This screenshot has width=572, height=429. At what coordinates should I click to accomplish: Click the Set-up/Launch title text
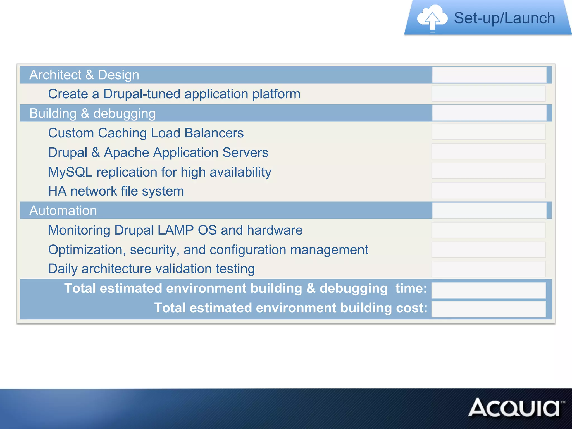coord(504,18)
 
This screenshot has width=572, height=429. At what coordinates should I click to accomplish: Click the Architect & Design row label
coord(84,75)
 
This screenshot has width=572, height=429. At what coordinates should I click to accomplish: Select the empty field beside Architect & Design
coord(489,75)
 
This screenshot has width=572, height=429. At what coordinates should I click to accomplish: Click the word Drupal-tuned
coord(142,94)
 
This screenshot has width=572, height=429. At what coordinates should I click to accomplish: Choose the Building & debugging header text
coord(92,113)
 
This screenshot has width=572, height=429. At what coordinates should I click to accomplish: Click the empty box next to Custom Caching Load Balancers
coord(488,132)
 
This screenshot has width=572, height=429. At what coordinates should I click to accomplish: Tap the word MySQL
coord(70,172)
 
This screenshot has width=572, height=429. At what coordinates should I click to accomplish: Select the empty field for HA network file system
coord(488,190)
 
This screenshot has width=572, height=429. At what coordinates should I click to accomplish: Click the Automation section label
coord(63,211)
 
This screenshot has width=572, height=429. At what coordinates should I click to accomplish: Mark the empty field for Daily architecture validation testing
coord(488,269)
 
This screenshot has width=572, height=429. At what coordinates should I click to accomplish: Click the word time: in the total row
coord(411,288)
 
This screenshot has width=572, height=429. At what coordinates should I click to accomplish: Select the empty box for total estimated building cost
coord(488,309)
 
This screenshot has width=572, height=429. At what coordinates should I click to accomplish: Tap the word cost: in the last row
coord(411,308)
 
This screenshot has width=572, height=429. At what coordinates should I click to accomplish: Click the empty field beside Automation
coord(489,211)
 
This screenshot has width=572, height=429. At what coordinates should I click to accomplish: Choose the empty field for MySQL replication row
coord(488,171)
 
